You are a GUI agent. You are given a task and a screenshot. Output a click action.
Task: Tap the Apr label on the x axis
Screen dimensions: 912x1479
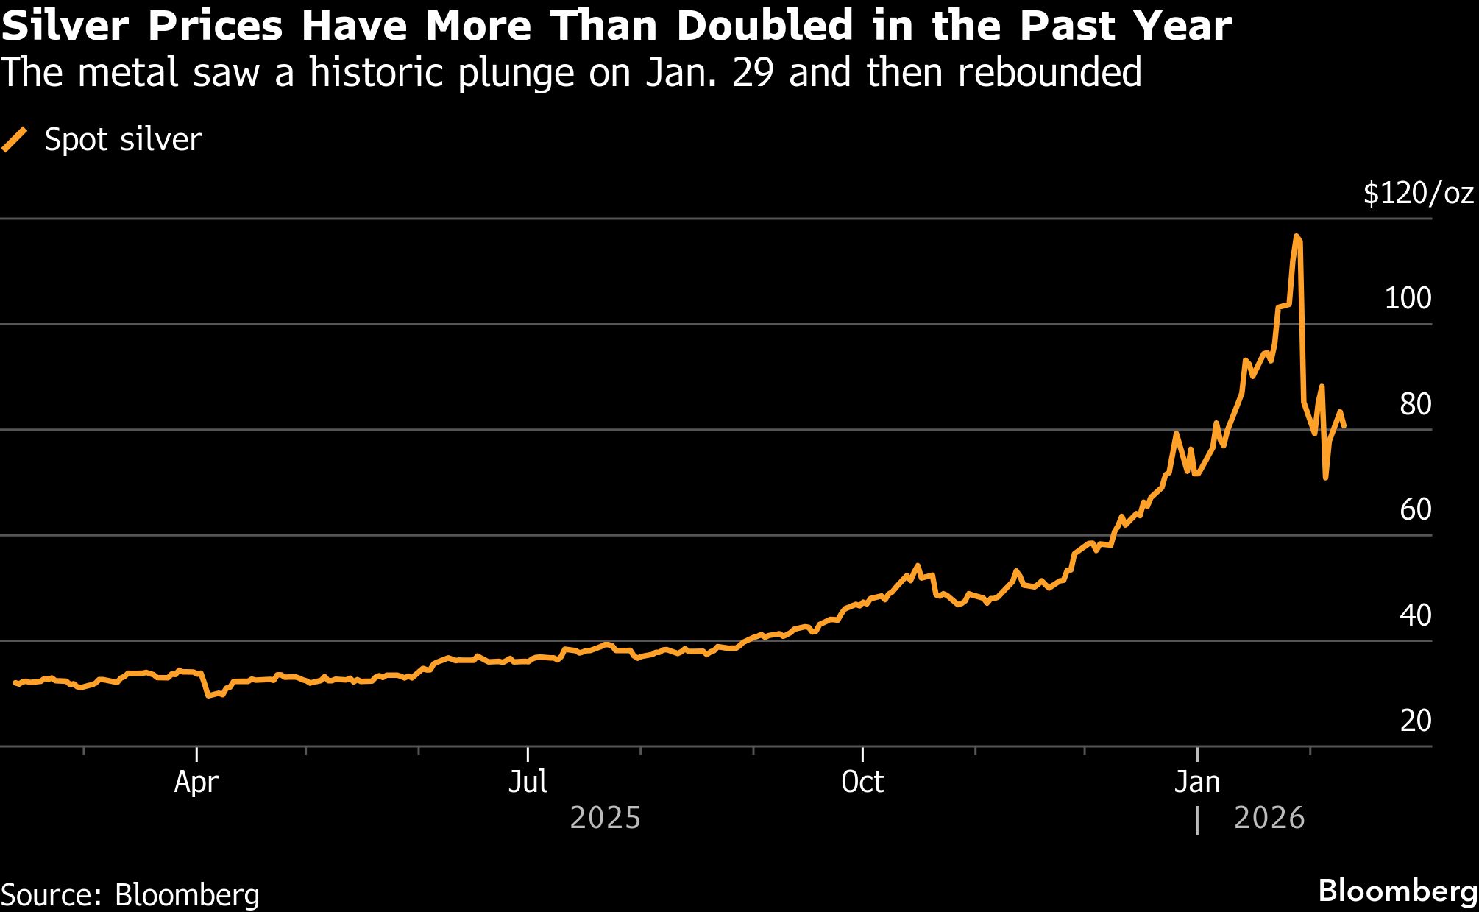click(196, 782)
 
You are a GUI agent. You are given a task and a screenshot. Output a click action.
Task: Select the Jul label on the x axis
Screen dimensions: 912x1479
click(528, 782)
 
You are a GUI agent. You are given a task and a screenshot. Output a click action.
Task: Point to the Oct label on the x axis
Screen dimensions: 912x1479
click(862, 782)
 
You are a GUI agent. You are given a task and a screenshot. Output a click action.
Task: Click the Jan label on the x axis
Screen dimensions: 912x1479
click(1196, 782)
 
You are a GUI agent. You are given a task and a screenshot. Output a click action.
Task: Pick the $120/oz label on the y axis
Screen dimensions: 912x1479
click(1418, 194)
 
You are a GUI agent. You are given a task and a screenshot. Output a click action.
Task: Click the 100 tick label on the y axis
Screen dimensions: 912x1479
click(1408, 299)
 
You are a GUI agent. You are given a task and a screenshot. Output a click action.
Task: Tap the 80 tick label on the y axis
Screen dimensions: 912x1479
click(1415, 404)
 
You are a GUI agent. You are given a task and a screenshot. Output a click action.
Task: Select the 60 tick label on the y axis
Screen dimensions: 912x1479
click(1415, 509)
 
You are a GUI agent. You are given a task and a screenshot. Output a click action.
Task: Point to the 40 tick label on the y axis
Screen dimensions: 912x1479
click(1415, 615)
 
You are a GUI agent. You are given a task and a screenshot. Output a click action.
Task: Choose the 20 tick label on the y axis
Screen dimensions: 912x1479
click(1415, 721)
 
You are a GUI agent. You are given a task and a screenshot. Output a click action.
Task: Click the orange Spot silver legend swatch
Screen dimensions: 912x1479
click(15, 139)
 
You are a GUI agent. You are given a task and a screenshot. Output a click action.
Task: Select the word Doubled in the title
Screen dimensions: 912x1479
click(765, 26)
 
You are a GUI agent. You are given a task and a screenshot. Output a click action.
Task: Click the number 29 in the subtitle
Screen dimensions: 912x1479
click(752, 73)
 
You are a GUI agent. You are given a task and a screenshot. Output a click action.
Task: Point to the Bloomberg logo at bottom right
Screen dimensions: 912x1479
click(1397, 891)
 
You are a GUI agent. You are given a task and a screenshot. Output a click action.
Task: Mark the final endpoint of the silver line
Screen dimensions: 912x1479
click(1344, 425)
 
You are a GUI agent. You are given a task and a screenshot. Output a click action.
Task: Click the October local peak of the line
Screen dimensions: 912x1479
click(917, 566)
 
